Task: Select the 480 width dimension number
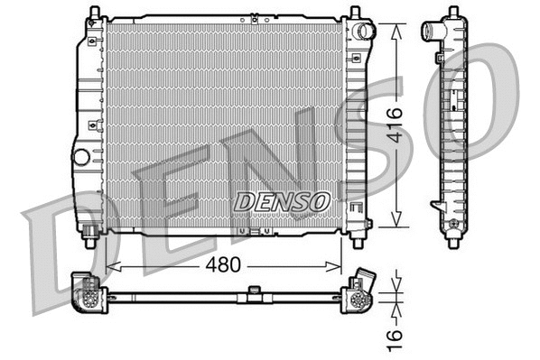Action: (x=220, y=267)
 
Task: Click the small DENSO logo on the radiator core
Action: (x=282, y=202)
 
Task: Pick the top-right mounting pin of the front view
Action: (x=355, y=13)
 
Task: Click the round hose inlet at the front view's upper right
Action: (x=363, y=32)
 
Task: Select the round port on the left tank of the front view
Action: (x=81, y=156)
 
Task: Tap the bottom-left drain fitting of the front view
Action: (x=91, y=240)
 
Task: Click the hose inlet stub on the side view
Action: (x=430, y=32)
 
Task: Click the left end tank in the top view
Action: (x=88, y=291)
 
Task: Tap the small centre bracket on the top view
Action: (x=255, y=291)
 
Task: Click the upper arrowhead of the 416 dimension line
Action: (x=396, y=27)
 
